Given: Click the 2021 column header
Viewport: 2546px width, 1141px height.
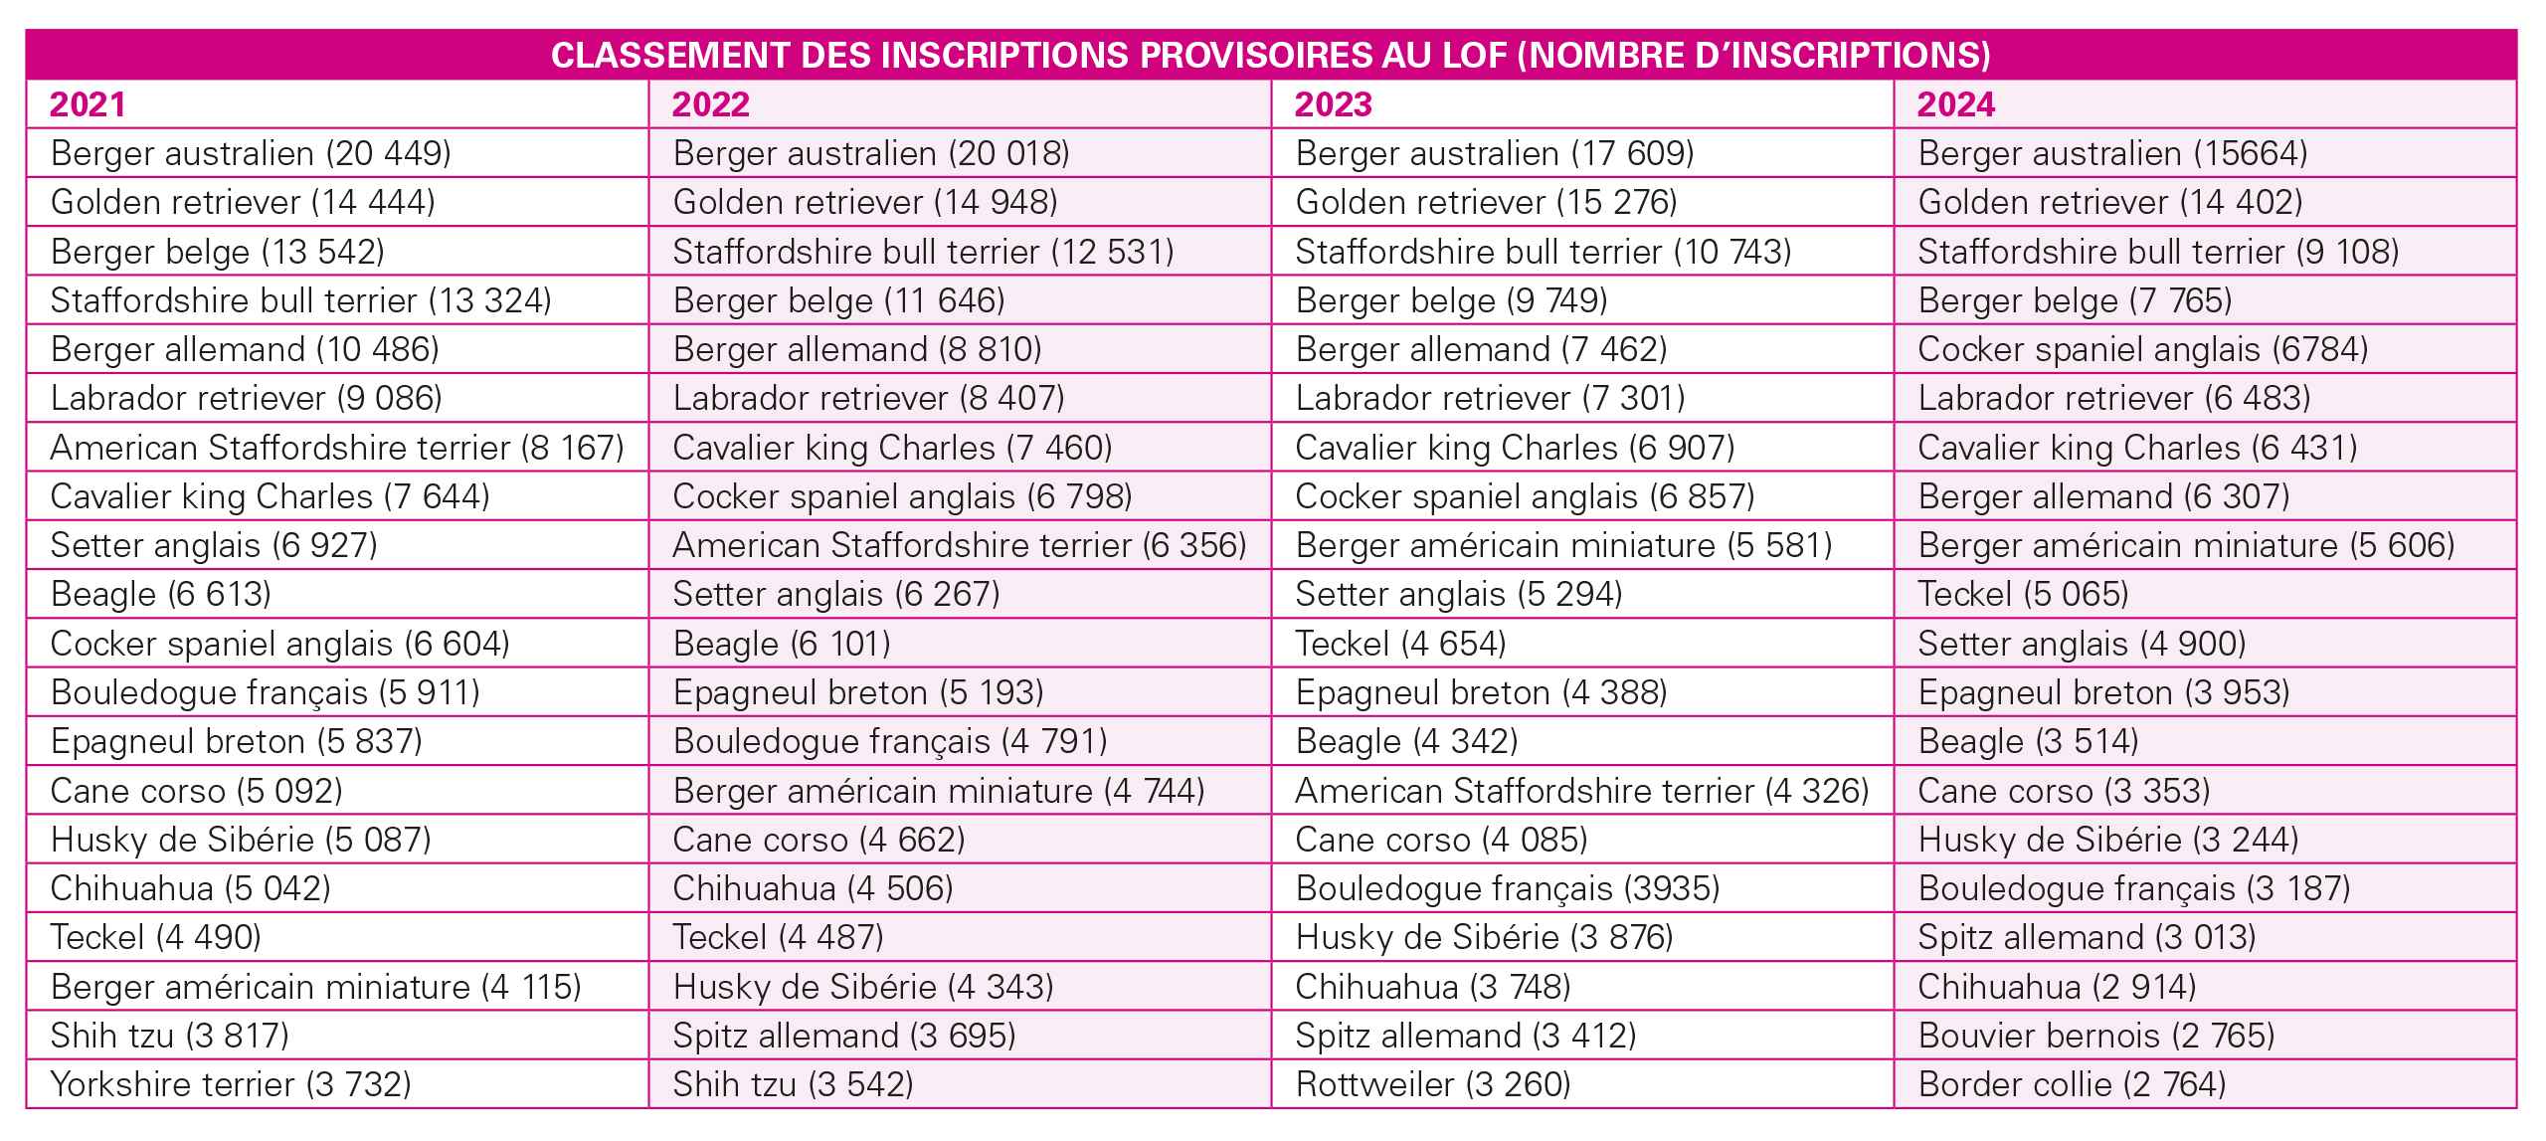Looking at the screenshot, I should (x=88, y=104).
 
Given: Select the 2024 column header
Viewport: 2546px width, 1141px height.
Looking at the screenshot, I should (x=1955, y=104).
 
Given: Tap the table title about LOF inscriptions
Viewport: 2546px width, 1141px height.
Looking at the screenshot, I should (x=1271, y=56).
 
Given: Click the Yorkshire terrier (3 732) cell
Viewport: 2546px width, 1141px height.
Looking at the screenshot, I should (x=231, y=1084).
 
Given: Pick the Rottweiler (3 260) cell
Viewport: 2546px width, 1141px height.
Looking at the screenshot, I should (x=1433, y=1084).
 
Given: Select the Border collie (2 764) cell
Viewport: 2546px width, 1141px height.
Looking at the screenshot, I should (x=2072, y=1084).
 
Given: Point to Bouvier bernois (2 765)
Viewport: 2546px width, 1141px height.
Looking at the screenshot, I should (x=2096, y=1036).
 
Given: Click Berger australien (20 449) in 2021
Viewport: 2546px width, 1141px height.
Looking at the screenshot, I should (x=251, y=153).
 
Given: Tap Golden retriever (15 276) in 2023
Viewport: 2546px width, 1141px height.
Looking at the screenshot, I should (x=1486, y=202).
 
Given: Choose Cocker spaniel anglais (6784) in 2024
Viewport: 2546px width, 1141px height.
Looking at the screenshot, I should (x=2143, y=349).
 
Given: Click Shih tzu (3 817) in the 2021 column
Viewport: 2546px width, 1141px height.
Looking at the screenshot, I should (x=170, y=1036).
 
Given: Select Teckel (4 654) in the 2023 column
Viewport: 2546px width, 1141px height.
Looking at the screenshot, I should (x=1400, y=644).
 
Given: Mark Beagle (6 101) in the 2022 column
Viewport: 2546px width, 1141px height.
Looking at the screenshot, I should (x=782, y=644).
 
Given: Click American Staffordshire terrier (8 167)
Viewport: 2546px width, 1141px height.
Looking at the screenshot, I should (x=337, y=448).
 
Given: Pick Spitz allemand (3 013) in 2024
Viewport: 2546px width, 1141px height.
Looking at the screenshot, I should (x=2087, y=937).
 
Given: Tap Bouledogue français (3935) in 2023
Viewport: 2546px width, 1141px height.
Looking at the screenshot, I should (x=1508, y=888).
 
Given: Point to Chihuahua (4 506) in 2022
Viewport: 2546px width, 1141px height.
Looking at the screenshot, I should (x=813, y=888).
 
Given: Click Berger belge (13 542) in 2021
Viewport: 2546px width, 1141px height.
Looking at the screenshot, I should (x=218, y=252).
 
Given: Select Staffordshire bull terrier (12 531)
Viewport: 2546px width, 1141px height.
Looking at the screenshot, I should (x=923, y=252).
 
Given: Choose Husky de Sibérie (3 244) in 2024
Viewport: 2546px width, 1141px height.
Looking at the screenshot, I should (x=2108, y=840).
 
